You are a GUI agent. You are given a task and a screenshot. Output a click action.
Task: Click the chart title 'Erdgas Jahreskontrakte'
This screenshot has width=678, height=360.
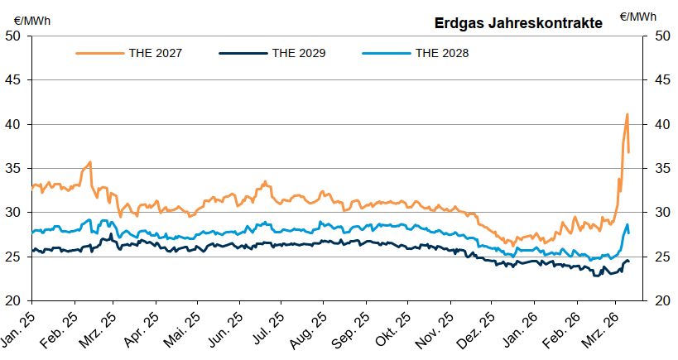(x=518, y=23)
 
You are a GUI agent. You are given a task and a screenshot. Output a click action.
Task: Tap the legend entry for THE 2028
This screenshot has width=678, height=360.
(x=442, y=53)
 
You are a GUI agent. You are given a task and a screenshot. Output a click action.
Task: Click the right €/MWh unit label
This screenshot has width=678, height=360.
(x=637, y=16)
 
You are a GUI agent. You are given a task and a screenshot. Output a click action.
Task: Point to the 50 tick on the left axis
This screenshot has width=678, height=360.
(x=14, y=36)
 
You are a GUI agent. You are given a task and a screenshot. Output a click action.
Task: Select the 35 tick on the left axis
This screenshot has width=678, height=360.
(x=14, y=168)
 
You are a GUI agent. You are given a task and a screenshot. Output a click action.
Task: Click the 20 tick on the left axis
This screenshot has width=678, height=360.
(x=14, y=300)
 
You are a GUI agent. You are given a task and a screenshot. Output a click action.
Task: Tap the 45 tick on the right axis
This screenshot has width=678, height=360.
(x=661, y=80)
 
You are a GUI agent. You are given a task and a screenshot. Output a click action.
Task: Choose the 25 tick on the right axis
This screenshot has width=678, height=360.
(x=661, y=257)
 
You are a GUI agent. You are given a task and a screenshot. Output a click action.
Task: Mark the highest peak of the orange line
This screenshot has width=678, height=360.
(x=627, y=114)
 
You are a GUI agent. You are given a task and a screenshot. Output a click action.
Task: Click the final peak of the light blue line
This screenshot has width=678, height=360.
(x=627, y=224)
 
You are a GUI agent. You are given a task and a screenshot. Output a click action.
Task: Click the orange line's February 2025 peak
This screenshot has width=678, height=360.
(x=89, y=162)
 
